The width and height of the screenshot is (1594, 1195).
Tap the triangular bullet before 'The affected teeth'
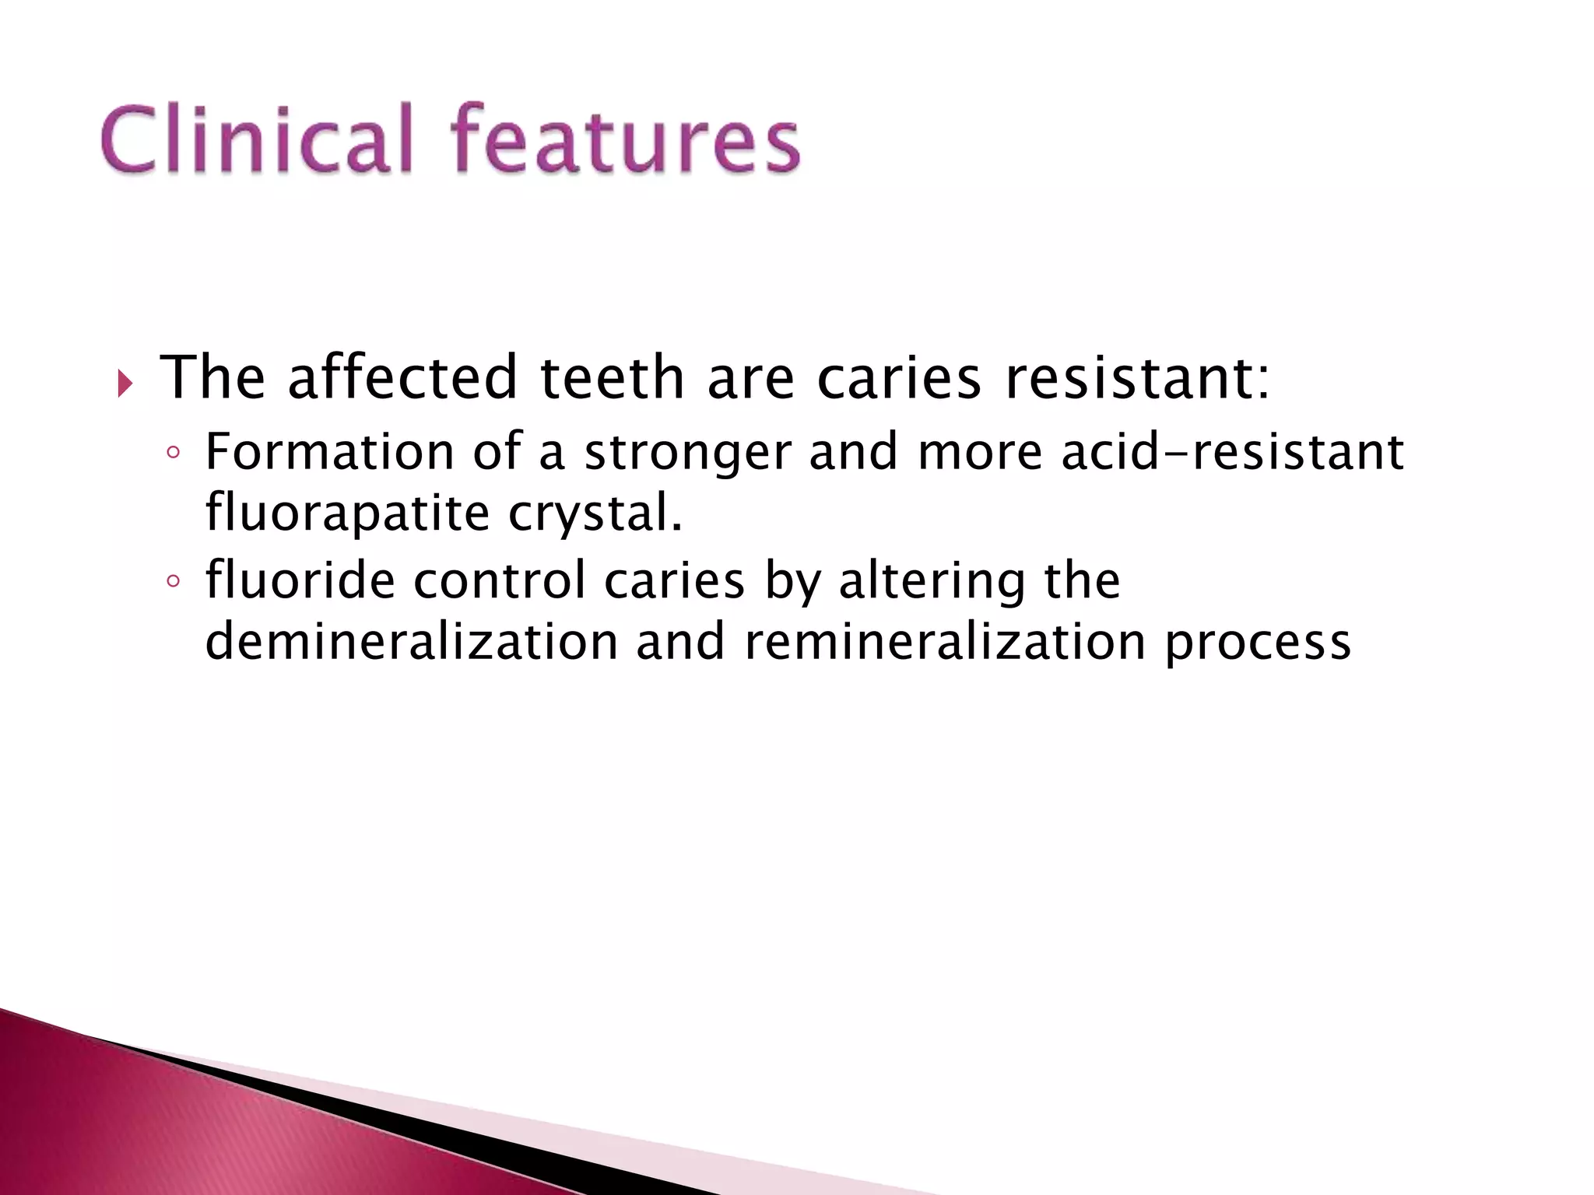[125, 383]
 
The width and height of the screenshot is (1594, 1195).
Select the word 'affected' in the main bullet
[402, 378]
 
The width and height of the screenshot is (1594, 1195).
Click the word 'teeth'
[612, 378]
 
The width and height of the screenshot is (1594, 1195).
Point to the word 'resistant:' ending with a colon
[1137, 378]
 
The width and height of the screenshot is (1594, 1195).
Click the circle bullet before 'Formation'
[174, 453]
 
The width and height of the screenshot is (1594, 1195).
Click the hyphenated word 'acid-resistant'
[1233, 453]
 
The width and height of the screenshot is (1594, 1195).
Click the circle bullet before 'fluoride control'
[174, 581]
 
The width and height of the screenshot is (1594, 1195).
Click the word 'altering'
[932, 581]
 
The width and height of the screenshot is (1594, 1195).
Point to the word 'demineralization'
[411, 642]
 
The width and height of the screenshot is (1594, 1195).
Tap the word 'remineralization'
[945, 642]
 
